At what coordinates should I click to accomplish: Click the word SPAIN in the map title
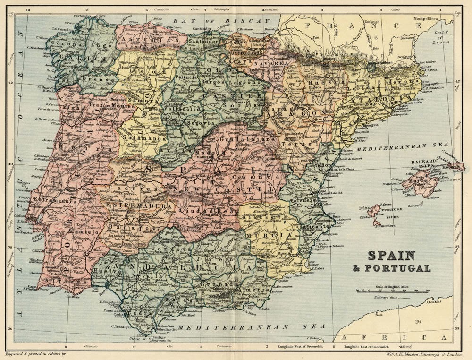coord(391,256)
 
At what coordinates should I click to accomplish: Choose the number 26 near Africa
coord(418,322)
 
